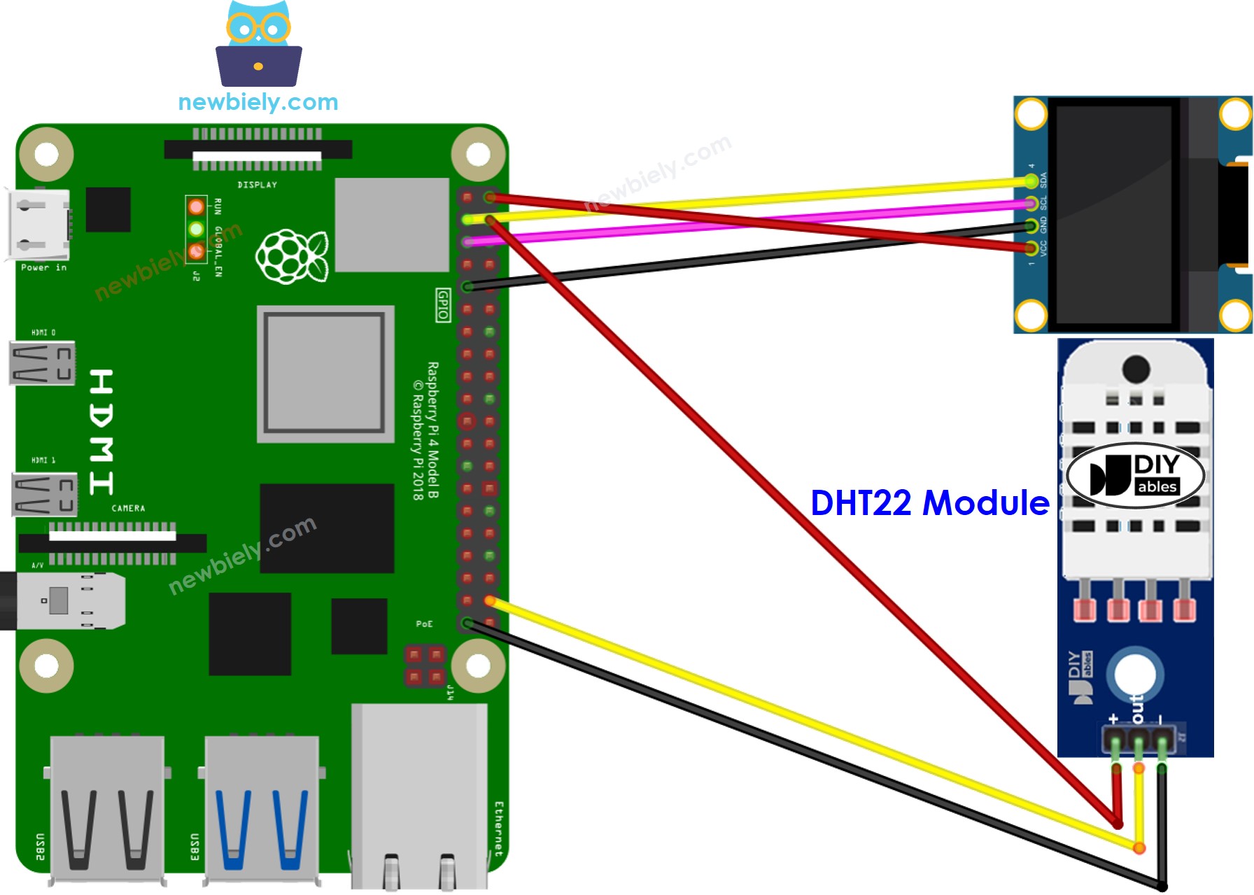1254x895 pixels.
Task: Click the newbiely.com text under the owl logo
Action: [x=258, y=102]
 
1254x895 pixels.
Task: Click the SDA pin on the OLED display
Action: [x=1031, y=181]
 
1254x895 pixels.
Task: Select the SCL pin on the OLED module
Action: [x=1031, y=204]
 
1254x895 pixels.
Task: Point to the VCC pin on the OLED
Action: [x=1031, y=248]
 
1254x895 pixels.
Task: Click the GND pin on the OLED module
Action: [x=1031, y=225]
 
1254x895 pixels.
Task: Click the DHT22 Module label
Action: [x=929, y=502]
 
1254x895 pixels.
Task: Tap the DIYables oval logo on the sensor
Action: [x=1135, y=476]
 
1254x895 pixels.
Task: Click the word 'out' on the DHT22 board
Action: [x=1137, y=709]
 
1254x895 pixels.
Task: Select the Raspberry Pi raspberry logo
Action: [x=292, y=256]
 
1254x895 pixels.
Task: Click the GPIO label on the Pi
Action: [x=443, y=305]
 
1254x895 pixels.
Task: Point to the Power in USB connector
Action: [x=38, y=224]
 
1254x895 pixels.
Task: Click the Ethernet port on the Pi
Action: [x=418, y=798]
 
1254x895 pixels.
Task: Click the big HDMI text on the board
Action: [x=101, y=432]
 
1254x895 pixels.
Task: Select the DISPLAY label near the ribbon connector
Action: [x=257, y=185]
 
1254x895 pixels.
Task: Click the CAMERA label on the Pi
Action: [x=128, y=508]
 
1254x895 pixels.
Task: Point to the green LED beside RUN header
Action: [x=196, y=229]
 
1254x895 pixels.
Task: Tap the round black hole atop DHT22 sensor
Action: [x=1135, y=369]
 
